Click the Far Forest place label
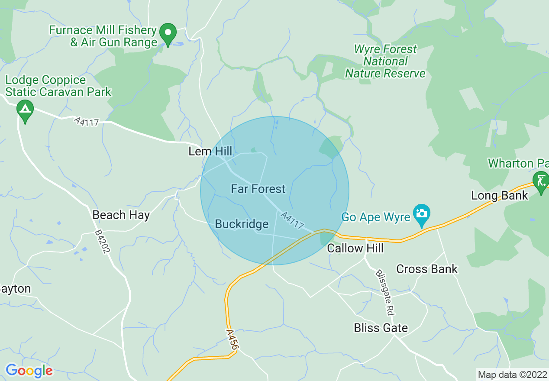[x=258, y=189]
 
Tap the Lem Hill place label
[x=210, y=151]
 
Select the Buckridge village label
[x=242, y=224]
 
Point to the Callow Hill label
[x=355, y=248]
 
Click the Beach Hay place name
[x=121, y=215]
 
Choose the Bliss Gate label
[x=381, y=328]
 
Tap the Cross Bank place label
[x=426, y=269]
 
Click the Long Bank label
[x=500, y=196]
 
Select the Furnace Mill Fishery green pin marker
[x=168, y=33]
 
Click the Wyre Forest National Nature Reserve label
[x=385, y=61]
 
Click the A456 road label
[x=232, y=339]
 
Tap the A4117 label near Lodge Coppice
[x=87, y=122]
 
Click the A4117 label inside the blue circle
[x=292, y=220]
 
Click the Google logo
[x=29, y=371]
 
